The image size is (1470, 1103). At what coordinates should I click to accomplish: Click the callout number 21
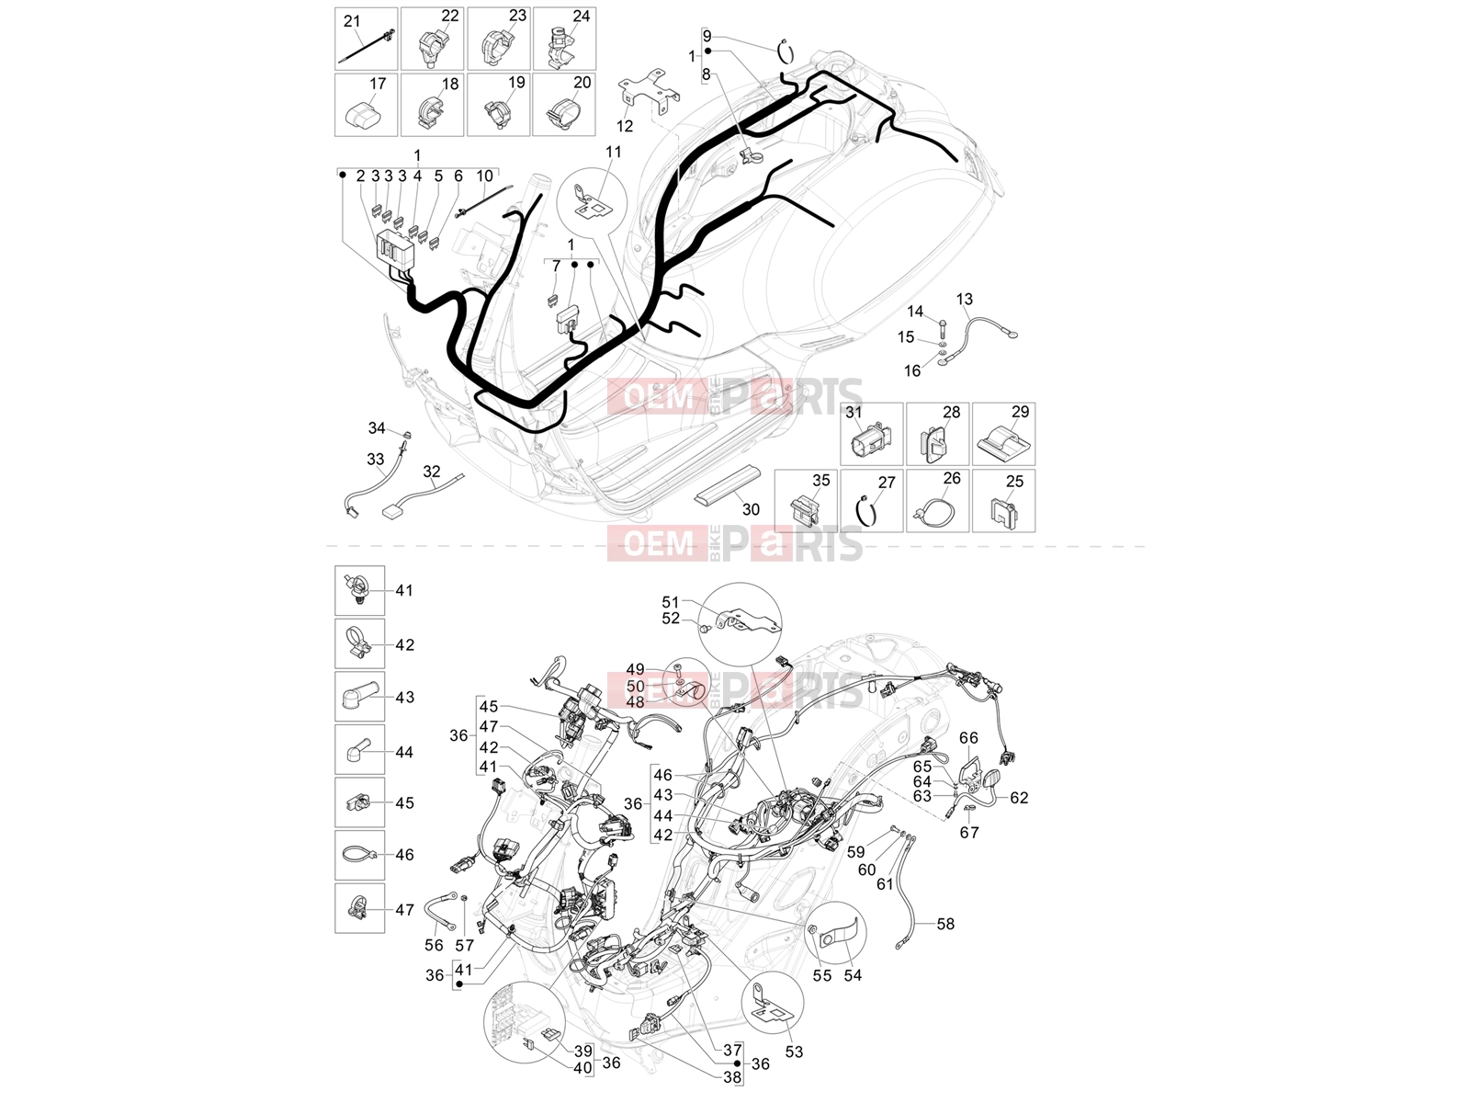click(352, 21)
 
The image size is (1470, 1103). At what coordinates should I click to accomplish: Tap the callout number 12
click(624, 126)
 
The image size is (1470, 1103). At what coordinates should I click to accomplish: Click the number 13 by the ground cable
click(965, 300)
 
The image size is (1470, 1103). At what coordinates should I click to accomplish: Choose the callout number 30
click(751, 509)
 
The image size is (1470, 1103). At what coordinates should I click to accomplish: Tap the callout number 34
click(377, 428)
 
